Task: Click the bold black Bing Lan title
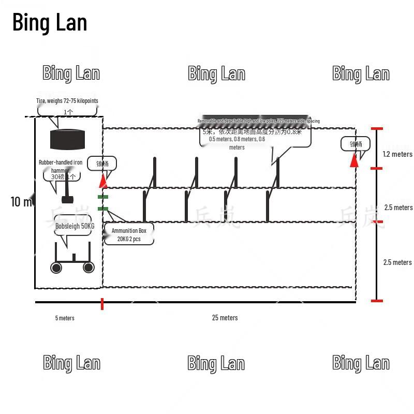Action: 50,23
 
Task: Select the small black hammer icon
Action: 67,199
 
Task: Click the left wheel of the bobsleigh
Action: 56,267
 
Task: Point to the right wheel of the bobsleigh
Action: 88,267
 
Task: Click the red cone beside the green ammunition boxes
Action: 103,181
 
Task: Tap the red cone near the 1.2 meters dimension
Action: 354,160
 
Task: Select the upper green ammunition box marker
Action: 103,197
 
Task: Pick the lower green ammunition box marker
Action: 103,209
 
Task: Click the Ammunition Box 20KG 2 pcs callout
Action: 129,235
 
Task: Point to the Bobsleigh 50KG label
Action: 75,226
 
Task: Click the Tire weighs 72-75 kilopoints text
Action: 67,101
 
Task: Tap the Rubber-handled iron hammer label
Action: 61,162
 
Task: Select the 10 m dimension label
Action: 21,202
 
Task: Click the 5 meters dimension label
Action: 65,318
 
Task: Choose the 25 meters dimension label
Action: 225,318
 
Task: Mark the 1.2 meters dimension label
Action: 397,154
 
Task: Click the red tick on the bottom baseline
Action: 102,304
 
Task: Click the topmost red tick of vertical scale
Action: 377,128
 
